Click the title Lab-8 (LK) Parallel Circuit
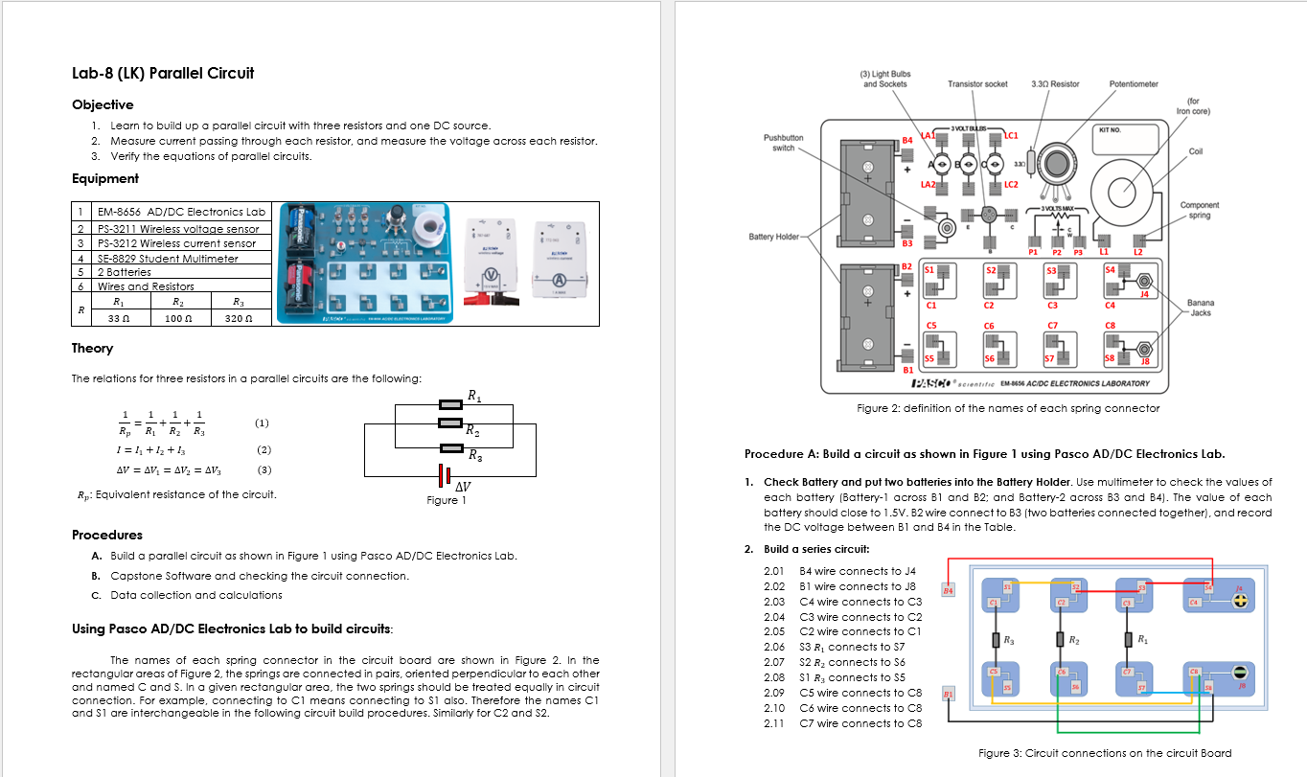[163, 73]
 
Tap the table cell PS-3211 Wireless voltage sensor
[177, 229]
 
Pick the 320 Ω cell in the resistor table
[239, 317]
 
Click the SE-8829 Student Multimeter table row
[168, 258]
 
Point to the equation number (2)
[264, 449]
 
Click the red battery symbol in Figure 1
[445, 475]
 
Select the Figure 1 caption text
[447, 500]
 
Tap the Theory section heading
[92, 348]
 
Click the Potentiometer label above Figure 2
[1134, 84]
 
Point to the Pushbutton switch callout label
[783, 143]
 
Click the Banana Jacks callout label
[1200, 308]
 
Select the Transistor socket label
[977, 84]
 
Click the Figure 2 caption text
[1008, 408]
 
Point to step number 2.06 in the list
[774, 647]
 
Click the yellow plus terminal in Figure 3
[1241, 602]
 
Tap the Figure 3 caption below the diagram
[1105, 753]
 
